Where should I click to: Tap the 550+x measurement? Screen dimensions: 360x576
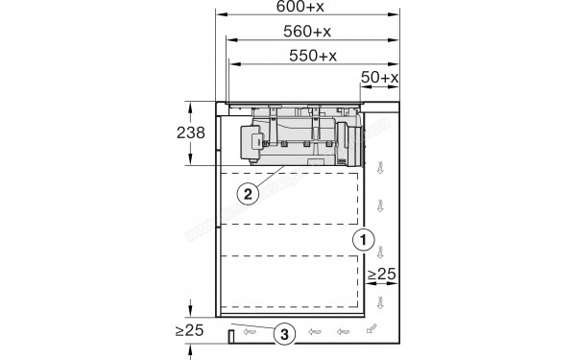point(313,56)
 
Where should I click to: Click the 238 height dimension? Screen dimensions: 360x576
point(192,133)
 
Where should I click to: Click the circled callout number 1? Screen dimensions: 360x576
point(362,237)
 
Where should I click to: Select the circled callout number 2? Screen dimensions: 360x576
point(248,193)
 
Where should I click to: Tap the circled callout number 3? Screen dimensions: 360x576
point(283,333)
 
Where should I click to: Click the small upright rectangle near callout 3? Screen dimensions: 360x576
point(230,334)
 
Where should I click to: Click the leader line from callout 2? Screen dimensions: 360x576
point(268,177)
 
